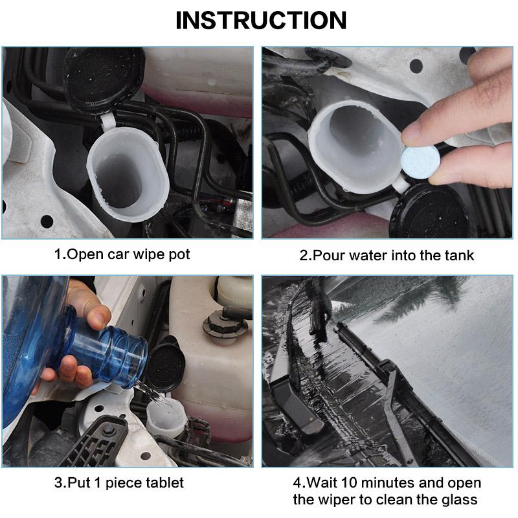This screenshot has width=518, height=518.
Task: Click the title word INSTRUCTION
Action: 261,20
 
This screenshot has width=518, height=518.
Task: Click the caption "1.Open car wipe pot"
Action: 122,254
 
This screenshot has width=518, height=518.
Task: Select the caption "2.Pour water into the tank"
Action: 387,255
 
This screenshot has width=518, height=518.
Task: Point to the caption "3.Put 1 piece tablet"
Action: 118,482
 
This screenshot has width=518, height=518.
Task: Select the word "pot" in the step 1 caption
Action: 179,254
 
